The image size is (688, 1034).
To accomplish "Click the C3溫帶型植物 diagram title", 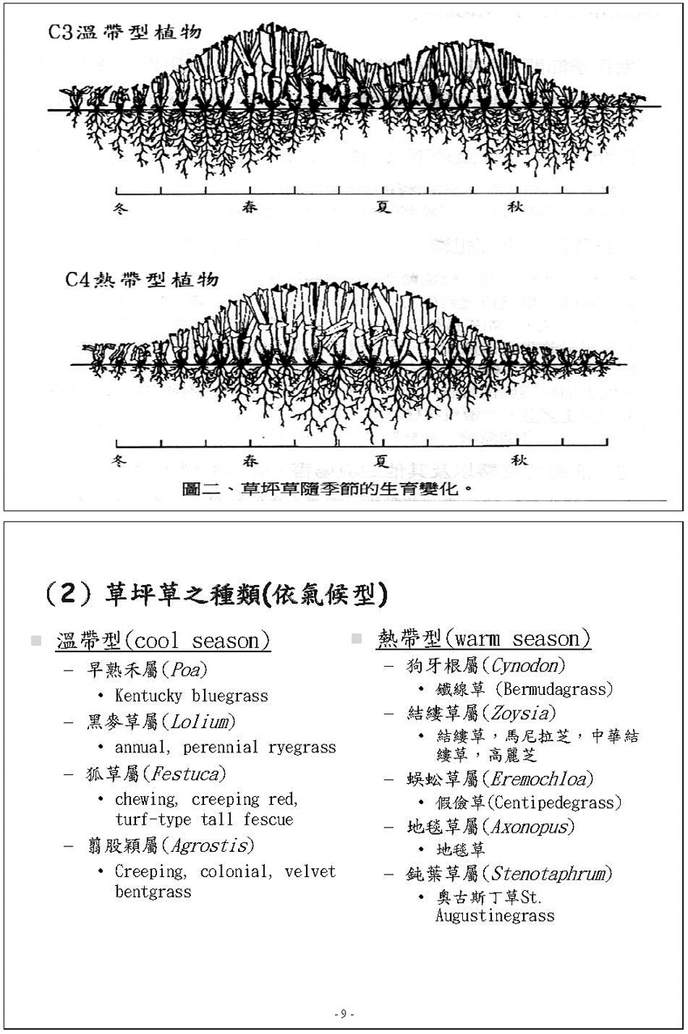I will (122, 33).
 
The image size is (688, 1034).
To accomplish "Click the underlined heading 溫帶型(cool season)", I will (163, 642).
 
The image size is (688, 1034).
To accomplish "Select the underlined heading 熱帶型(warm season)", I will (483, 639).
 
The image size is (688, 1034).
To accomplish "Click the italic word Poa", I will (187, 670).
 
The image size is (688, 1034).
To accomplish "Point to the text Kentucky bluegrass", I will (191, 696).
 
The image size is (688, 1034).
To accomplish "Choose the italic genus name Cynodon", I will (528, 666).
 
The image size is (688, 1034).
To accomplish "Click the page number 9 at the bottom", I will (343, 1014).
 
